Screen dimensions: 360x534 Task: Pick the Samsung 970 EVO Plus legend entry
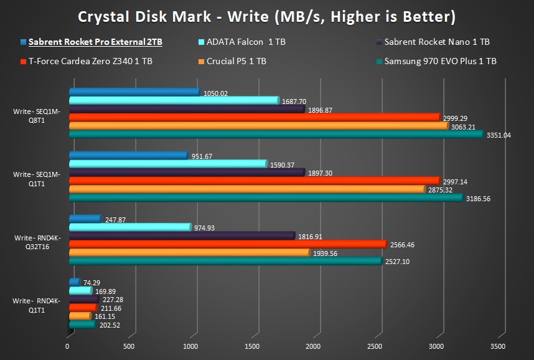440,61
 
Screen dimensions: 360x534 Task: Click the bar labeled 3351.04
274,134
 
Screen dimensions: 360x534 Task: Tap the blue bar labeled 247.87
84,219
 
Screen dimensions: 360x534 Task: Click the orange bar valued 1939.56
188,253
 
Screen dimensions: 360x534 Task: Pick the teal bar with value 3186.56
265,198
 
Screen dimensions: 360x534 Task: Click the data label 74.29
91,282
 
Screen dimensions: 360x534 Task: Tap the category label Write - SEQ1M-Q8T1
36,116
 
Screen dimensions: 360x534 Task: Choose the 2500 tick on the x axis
374,346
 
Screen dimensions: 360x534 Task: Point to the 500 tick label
129,346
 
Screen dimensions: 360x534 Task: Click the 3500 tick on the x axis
497,346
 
